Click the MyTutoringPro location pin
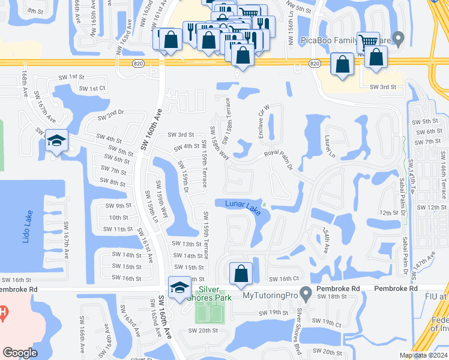(x=306, y=295)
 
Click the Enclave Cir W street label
(x=262, y=122)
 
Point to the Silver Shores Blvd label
(x=299, y=324)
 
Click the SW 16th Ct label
(x=284, y=279)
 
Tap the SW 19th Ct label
(x=329, y=324)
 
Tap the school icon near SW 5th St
(x=56, y=140)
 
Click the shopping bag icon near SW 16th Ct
(x=241, y=273)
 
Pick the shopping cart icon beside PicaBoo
(x=367, y=42)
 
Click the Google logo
(x=20, y=352)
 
